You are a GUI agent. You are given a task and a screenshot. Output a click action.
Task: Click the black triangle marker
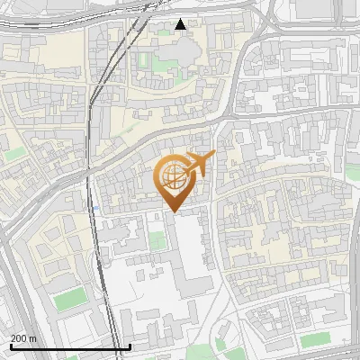coord(181,24)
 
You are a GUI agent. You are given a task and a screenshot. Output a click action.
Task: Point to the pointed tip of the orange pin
coord(172,211)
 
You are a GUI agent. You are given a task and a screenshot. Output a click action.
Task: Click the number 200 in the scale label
coord(19,338)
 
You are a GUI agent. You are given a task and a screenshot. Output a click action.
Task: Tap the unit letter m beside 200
coord(33,338)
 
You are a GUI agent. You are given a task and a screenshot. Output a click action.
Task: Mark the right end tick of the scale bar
coord(130,346)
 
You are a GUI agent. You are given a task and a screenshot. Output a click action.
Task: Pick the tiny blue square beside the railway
coord(96,208)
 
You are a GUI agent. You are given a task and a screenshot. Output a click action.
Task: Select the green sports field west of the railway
coord(68,300)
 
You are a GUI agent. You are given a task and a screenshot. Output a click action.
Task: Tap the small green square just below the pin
coord(157,240)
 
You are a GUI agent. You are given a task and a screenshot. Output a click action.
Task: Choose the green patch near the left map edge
coord(14,154)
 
